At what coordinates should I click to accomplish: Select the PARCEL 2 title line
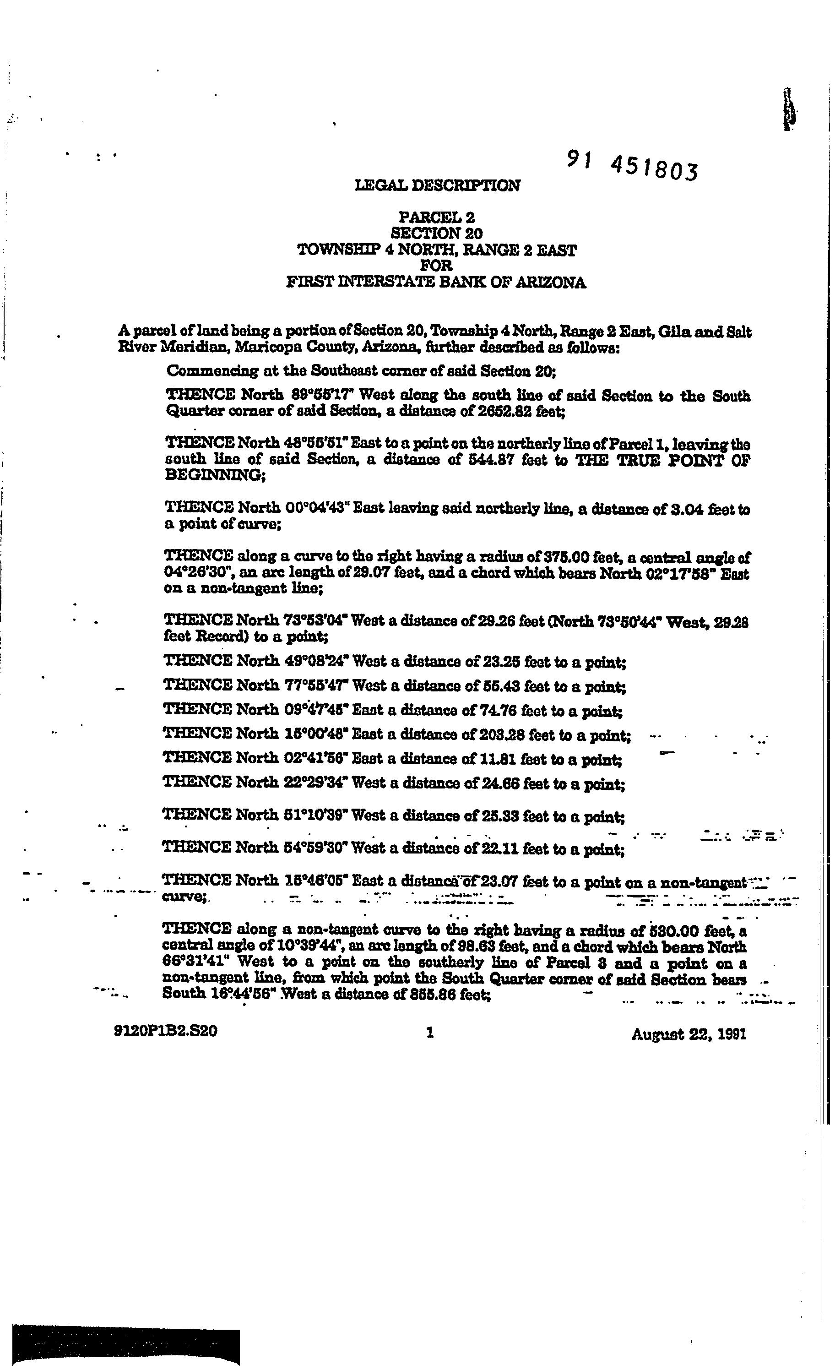pos(437,217)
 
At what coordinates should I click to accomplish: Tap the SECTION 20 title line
pos(437,234)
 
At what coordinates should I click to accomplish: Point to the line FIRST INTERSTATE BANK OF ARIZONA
pos(436,283)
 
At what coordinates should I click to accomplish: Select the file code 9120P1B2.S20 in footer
pos(165,1032)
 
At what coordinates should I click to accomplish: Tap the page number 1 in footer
pos(429,1033)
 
